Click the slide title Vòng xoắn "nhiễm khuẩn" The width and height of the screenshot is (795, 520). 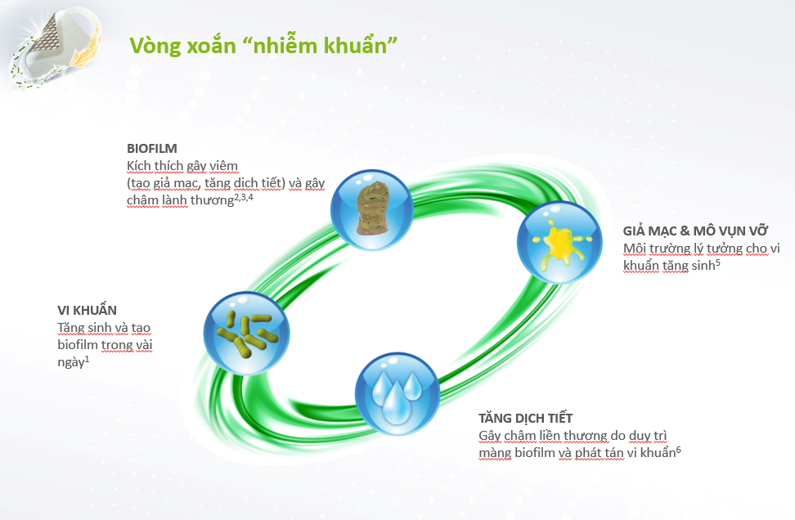[263, 46]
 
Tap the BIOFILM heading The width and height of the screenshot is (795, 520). [151, 149]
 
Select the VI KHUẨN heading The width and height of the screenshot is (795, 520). [88, 310]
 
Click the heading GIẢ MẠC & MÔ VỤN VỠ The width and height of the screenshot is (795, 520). [695, 231]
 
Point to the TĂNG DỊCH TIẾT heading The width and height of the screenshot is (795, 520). [526, 418]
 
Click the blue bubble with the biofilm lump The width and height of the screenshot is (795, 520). [371, 210]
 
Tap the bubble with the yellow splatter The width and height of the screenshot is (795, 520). [559, 242]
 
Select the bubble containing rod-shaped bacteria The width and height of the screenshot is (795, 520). [246, 334]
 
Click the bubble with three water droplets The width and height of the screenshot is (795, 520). [397, 394]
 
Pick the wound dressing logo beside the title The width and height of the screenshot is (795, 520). [56, 48]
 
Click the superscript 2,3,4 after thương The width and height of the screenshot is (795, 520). [244, 197]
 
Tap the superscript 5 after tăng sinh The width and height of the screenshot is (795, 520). [718, 262]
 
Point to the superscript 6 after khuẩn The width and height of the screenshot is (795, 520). [678, 450]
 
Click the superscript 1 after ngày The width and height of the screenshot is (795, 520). [87, 359]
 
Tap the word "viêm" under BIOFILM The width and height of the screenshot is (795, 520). [224, 166]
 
